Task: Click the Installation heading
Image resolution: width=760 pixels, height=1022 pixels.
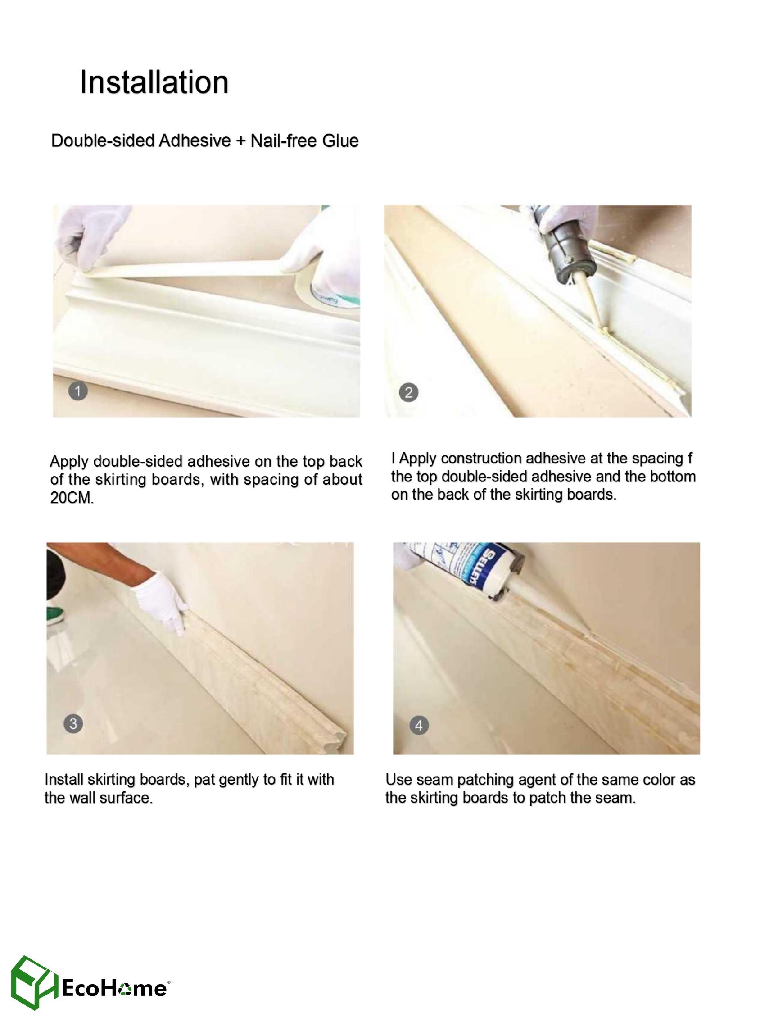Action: tap(154, 82)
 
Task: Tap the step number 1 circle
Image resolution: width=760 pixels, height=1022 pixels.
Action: tap(78, 391)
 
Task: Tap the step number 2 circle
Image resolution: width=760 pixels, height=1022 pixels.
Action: tap(408, 393)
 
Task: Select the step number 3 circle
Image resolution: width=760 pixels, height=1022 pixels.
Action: tap(73, 724)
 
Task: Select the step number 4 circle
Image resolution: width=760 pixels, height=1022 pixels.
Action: tap(419, 726)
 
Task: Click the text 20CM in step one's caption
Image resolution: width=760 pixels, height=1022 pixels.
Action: tap(72, 498)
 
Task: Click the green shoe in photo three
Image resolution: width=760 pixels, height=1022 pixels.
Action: tap(56, 616)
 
